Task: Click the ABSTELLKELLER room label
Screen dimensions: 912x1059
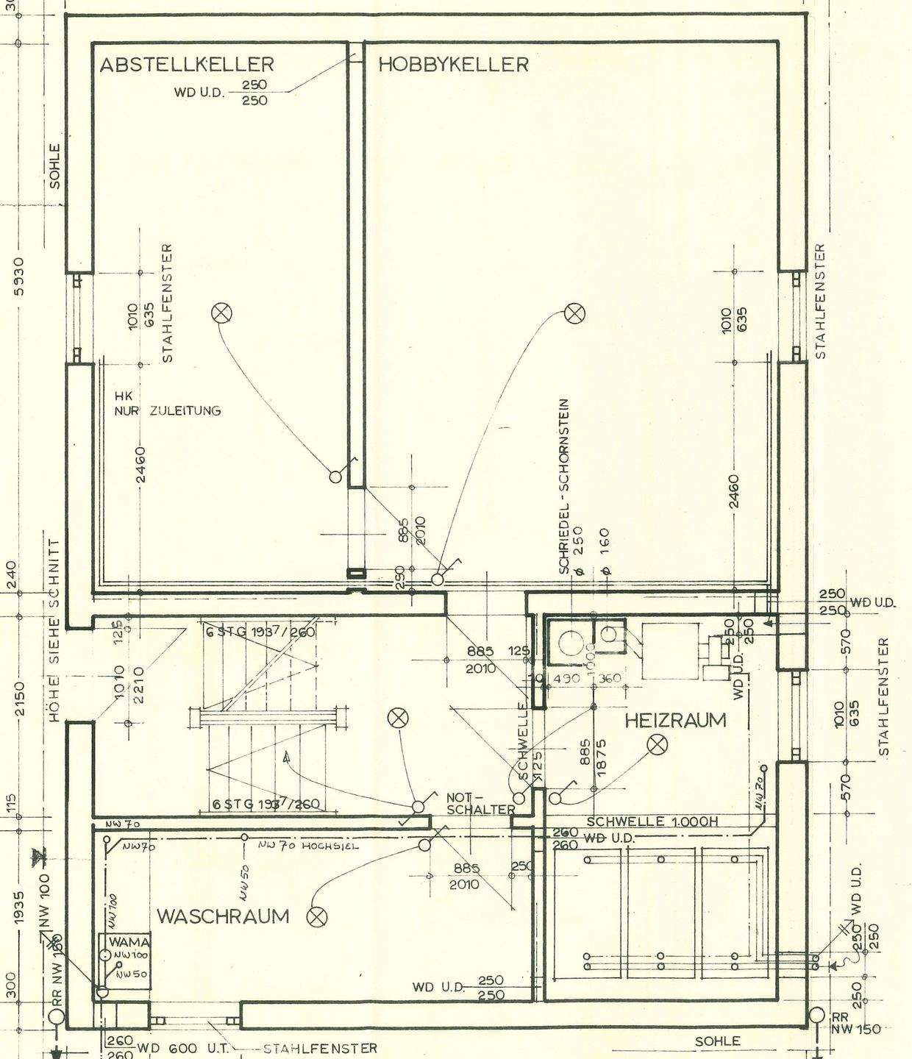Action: pos(187,65)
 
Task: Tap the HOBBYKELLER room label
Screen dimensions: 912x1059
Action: pos(453,65)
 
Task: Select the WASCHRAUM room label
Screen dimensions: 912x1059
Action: pos(223,916)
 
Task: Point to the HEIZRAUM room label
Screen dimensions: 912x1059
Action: pos(674,720)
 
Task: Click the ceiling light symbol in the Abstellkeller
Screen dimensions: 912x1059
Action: pos(221,314)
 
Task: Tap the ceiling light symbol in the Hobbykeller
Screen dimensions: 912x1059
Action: pos(575,313)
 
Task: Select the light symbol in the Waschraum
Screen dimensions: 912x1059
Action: pos(317,916)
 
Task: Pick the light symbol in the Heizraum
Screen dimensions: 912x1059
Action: pos(657,746)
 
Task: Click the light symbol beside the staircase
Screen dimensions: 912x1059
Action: pos(398,718)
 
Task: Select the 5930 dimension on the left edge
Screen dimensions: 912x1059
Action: pos(21,277)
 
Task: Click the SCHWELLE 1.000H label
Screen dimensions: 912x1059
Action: pos(652,821)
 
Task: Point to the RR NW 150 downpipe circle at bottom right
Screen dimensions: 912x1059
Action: pos(816,1016)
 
